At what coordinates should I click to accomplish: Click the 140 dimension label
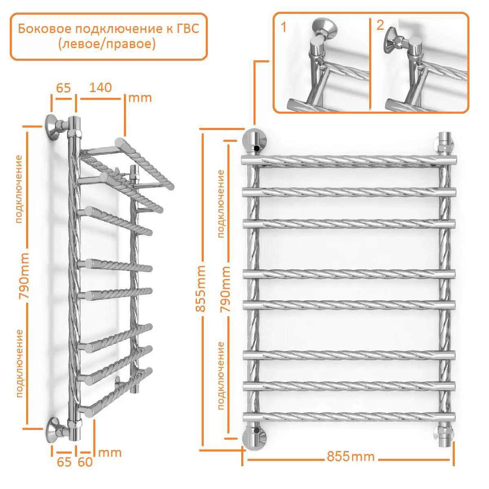101,88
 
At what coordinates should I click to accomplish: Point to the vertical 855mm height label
200,289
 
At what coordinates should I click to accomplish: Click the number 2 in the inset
380,25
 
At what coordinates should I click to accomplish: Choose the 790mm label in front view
225,289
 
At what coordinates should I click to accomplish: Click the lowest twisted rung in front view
349,417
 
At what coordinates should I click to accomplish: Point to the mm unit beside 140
140,98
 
